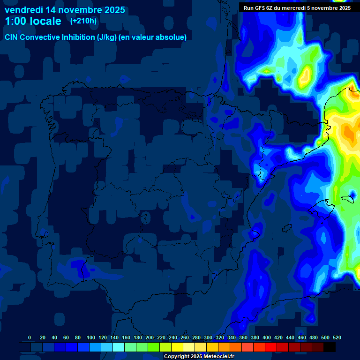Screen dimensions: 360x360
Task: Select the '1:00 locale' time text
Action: tap(33, 21)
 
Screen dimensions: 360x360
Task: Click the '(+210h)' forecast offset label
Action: tap(83, 21)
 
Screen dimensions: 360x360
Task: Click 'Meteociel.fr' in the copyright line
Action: tap(218, 357)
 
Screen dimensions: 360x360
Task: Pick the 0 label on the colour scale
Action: tap(30, 338)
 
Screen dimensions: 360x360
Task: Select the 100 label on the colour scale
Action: tap(91, 338)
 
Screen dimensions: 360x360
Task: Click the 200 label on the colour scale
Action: tap(150, 338)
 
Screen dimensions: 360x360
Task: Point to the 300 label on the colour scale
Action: tap(208, 338)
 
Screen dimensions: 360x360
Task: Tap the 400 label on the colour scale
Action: tap(267, 338)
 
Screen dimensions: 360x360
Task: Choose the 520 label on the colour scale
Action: tap(337, 338)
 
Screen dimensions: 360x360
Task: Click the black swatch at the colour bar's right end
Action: tap(330, 347)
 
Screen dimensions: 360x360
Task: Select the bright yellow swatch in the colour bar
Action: tap(177, 347)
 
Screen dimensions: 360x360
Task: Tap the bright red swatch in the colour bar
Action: tap(271, 347)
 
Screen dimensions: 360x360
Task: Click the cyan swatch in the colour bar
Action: tap(119, 347)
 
